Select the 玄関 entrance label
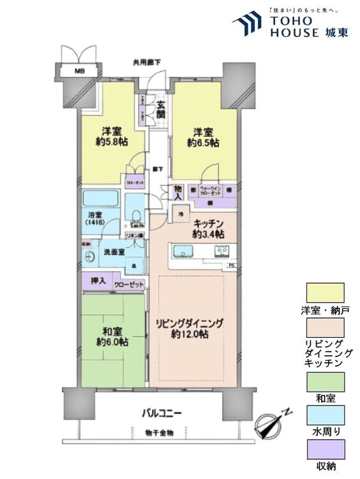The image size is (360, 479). click(160, 110)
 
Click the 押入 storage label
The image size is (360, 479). click(96, 282)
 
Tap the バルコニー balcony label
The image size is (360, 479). click(161, 413)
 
